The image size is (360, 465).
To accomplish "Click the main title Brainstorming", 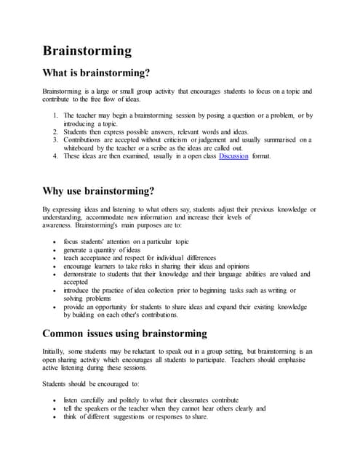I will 87,50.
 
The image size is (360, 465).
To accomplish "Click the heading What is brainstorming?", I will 97,73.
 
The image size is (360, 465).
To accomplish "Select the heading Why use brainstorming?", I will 99,192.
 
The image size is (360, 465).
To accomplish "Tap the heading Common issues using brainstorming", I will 125,333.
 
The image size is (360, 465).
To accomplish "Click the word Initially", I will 56,352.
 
